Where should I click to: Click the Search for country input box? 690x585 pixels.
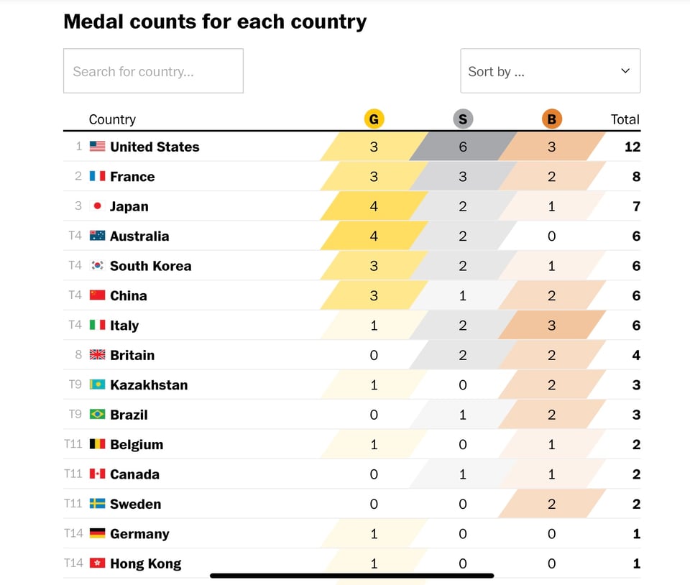(x=153, y=71)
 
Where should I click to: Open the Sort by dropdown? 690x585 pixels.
(x=550, y=71)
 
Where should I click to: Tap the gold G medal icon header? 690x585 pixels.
(x=374, y=119)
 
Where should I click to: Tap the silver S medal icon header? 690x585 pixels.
(x=463, y=119)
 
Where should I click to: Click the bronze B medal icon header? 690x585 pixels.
(x=551, y=119)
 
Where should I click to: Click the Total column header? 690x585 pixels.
(x=625, y=119)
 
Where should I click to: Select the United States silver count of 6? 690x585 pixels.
(x=463, y=147)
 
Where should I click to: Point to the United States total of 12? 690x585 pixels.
(x=632, y=147)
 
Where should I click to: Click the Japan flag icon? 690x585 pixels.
(x=98, y=206)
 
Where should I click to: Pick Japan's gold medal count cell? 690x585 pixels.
(x=374, y=206)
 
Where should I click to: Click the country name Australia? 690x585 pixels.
(x=139, y=236)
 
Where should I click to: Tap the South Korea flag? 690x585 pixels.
(x=98, y=266)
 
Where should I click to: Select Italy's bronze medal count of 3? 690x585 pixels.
(x=551, y=325)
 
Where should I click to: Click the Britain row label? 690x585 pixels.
(x=132, y=355)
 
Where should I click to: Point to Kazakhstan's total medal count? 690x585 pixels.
(x=636, y=384)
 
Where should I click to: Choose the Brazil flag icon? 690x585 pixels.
(x=98, y=415)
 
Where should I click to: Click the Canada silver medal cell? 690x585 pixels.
(x=463, y=474)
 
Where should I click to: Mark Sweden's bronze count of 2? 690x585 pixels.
(x=551, y=504)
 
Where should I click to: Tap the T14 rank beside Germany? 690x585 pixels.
(x=73, y=533)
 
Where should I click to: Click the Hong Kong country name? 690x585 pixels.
(x=145, y=563)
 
